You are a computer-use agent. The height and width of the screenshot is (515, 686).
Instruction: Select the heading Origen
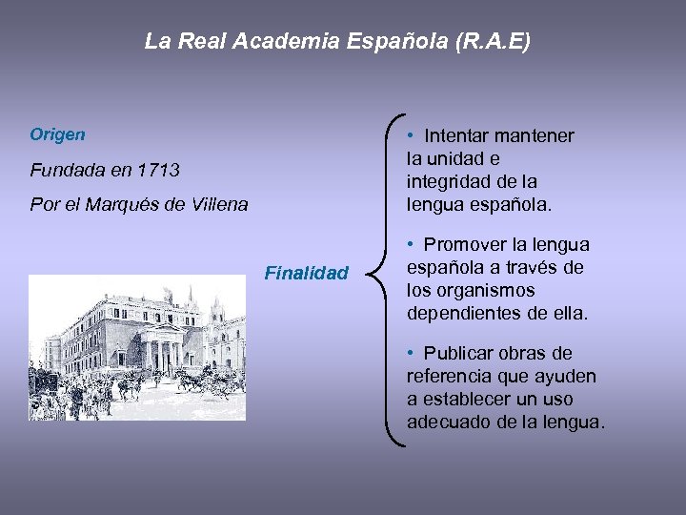tap(57, 134)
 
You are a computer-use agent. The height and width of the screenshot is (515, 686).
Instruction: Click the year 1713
tap(157, 171)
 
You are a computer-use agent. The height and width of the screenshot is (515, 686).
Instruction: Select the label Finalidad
tap(306, 274)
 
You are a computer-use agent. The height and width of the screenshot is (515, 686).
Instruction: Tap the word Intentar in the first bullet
tap(460, 136)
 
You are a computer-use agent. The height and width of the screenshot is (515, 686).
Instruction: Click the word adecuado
tap(449, 422)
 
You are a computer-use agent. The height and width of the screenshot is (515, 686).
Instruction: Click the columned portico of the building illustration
tap(163, 354)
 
